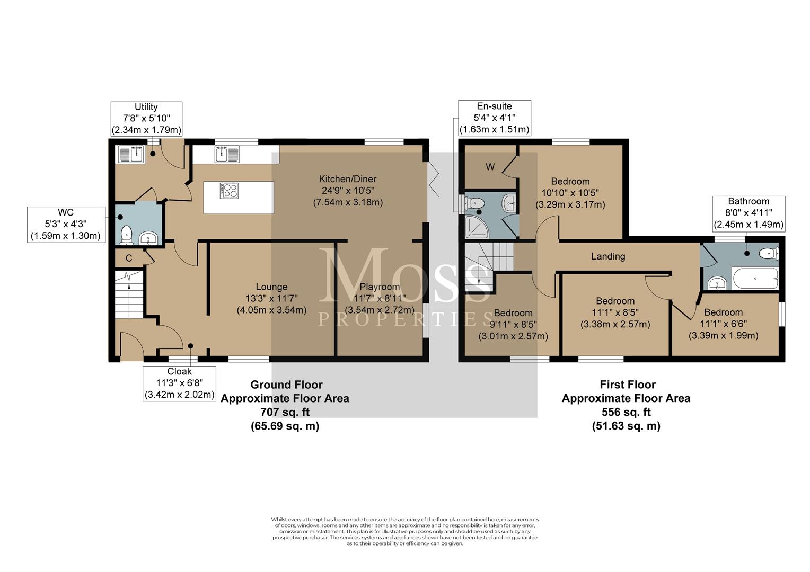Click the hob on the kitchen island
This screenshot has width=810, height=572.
pyautogui.click(x=229, y=191)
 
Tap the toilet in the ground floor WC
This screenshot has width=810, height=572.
pyautogui.click(x=126, y=234)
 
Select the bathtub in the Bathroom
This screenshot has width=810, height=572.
pyautogui.click(x=755, y=278)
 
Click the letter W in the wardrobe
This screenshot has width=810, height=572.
pyautogui.click(x=490, y=167)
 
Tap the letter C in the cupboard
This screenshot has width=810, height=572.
pyautogui.click(x=129, y=258)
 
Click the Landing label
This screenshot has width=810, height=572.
pyautogui.click(x=608, y=256)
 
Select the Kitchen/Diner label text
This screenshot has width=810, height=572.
pyautogui.click(x=348, y=179)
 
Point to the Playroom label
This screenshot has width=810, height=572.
pyautogui.click(x=380, y=287)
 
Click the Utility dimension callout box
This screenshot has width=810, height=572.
pyautogui.click(x=146, y=118)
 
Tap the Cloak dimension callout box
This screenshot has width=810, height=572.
pyautogui.click(x=179, y=383)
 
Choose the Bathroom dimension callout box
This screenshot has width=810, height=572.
pyautogui.click(x=749, y=213)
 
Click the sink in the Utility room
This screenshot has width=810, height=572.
pyautogui.click(x=130, y=154)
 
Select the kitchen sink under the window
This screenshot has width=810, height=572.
pyautogui.click(x=227, y=154)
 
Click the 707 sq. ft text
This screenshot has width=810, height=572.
pyautogui.click(x=285, y=412)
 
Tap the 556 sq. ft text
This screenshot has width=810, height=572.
pyautogui.click(x=626, y=412)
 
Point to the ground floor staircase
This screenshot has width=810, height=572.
pyautogui.click(x=129, y=294)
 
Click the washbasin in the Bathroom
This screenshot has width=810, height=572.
pyautogui.click(x=716, y=283)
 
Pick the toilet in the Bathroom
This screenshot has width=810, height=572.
pyautogui.click(x=768, y=253)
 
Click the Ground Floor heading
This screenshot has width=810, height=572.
pyautogui.click(x=286, y=385)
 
